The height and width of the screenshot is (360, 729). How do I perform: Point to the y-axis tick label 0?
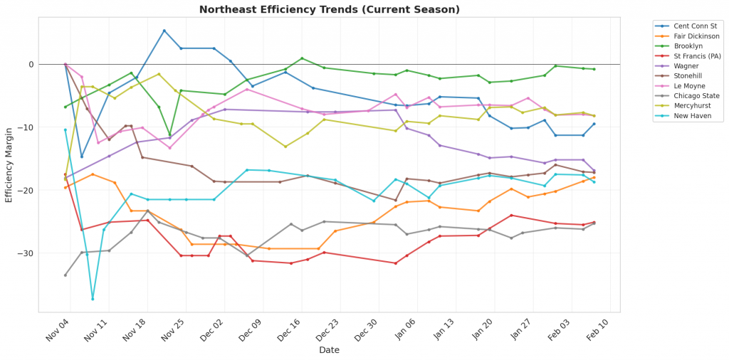pyautogui.click(x=50, y=64)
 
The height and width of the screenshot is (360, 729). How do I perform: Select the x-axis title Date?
pyautogui.click(x=329, y=350)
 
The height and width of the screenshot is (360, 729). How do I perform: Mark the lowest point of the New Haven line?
pyautogui.click(x=93, y=299)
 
